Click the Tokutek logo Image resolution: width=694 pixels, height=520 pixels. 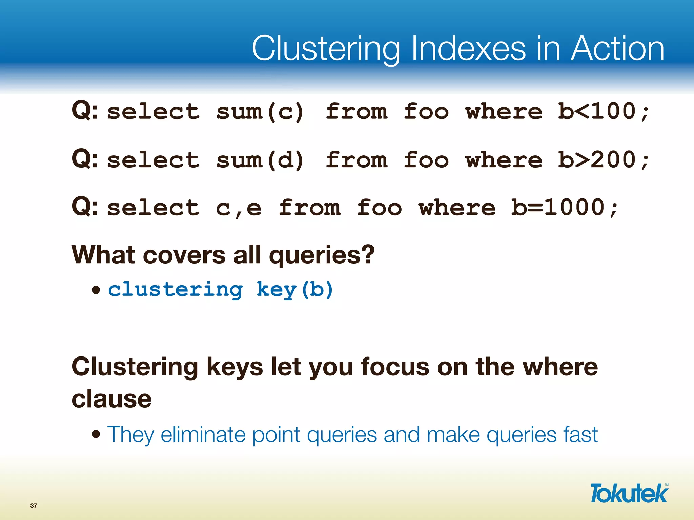[x=629, y=493]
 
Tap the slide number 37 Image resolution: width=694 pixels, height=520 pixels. [x=34, y=506]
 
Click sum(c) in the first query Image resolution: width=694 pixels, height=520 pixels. [x=260, y=112]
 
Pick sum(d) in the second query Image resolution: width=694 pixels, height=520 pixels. [x=260, y=160]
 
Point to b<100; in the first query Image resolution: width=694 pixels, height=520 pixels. [x=604, y=112]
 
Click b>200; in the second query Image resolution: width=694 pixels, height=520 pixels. [x=604, y=160]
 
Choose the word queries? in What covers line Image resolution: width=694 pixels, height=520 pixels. [x=322, y=255]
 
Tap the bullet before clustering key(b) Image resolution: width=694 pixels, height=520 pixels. [x=96, y=290]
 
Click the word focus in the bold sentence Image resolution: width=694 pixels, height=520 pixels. [x=395, y=367]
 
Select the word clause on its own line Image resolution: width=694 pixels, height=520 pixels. [x=111, y=399]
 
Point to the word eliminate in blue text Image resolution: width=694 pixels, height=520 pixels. [x=203, y=434]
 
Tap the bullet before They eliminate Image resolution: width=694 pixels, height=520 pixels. [x=96, y=434]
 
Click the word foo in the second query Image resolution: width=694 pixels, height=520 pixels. [x=426, y=160]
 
